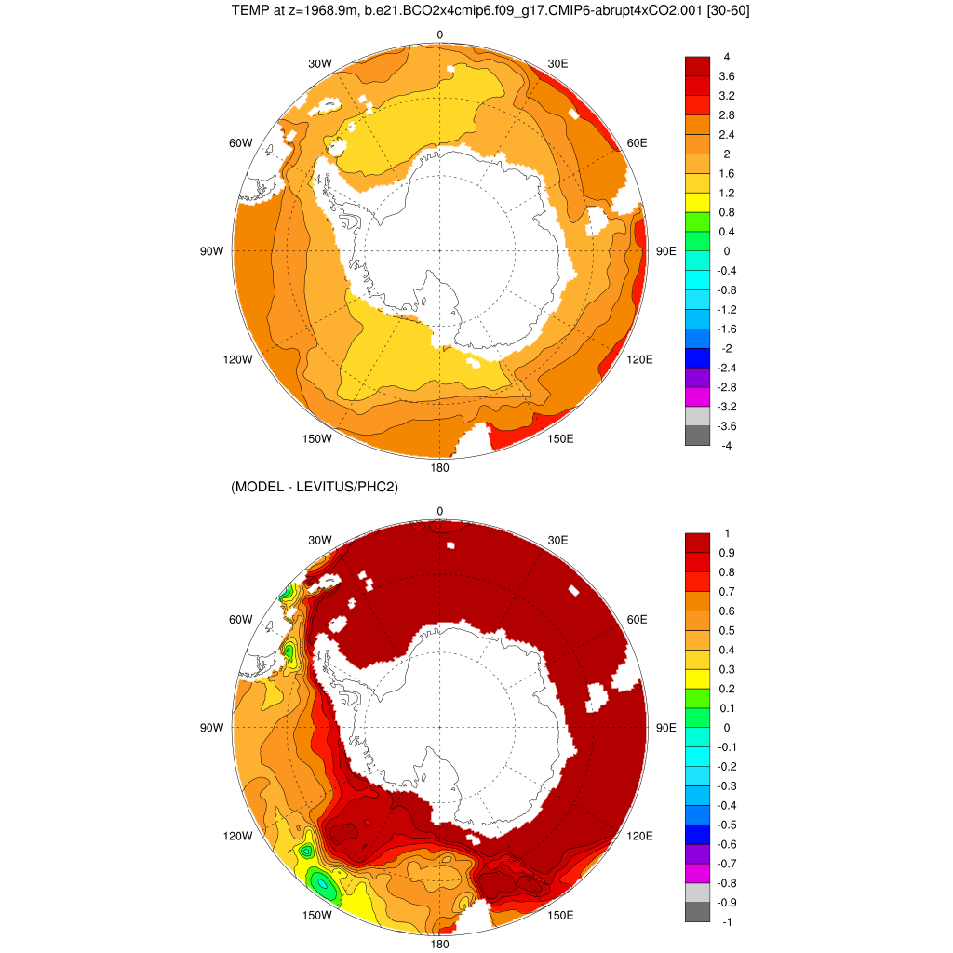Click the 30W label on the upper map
click(x=320, y=63)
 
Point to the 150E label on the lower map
click(x=560, y=915)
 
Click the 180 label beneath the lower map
click(x=440, y=944)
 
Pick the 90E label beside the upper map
click(x=666, y=251)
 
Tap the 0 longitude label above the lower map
click(x=440, y=511)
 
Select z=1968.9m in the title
click(x=325, y=11)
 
